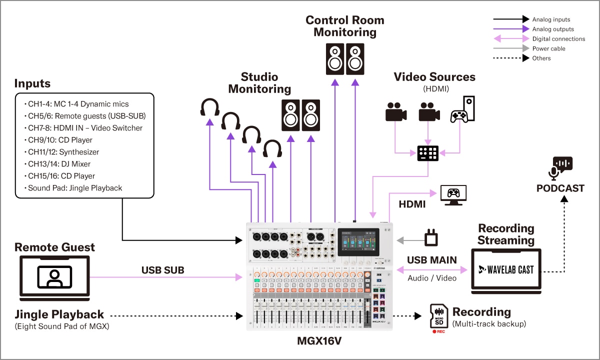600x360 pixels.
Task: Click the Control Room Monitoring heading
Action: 345,26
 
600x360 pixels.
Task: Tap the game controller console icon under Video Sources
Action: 462,109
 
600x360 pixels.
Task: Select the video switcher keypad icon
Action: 428,153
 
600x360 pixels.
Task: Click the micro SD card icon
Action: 439,315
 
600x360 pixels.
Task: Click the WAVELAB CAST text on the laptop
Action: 506,269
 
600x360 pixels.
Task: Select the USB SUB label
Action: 163,270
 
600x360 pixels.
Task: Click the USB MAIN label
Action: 431,260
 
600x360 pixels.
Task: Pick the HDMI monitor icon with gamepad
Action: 453,195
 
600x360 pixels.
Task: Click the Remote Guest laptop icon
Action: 54,275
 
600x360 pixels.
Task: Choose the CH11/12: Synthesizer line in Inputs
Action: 63,152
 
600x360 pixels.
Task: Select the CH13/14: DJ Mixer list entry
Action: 59,164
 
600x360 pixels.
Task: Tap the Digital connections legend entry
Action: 558,39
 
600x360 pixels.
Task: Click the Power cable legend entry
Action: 548,48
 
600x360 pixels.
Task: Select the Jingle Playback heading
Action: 59,314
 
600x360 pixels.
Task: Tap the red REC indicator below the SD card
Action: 438,331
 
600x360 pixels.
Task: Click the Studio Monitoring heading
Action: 259,83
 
